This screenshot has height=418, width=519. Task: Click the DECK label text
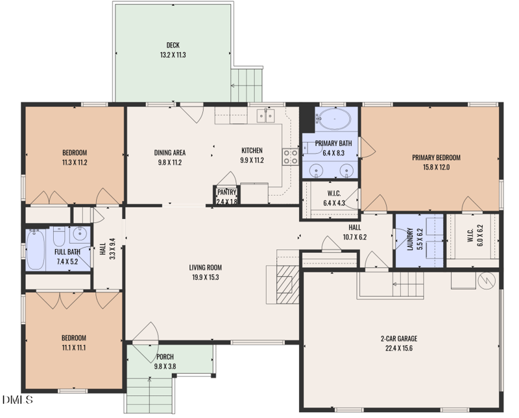[x=173, y=45]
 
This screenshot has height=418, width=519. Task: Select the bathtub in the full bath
[x=36, y=250]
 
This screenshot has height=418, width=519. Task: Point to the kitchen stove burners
[x=290, y=156]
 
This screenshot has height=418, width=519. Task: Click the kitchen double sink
[x=265, y=116]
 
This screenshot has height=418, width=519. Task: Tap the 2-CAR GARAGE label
[x=398, y=338]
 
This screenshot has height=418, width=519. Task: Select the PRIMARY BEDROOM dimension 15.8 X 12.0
[x=435, y=167]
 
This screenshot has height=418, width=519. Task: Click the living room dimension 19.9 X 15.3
[x=205, y=277]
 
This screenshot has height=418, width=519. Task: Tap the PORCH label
[x=165, y=357]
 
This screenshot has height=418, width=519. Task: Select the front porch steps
[x=150, y=394]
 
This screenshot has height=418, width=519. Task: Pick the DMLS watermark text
[x=17, y=400]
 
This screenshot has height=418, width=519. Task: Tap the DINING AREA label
[x=170, y=153]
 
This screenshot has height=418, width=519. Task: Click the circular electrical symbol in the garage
[x=486, y=280]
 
